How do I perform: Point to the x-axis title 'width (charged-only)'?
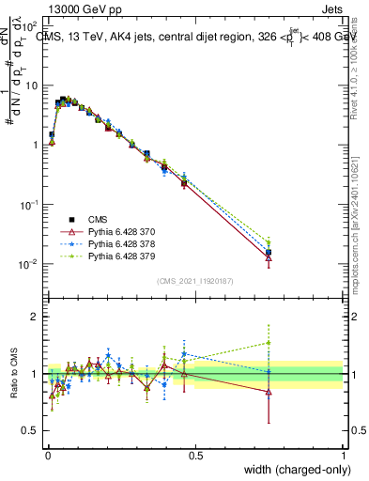pos(292,471)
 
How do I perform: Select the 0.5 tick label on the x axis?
pos(195,454)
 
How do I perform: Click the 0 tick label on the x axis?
pos(48,454)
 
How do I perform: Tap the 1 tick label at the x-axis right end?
pos(343,454)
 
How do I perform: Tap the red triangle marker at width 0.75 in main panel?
pos(269,257)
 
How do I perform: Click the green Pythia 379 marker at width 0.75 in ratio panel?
pos(269,343)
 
